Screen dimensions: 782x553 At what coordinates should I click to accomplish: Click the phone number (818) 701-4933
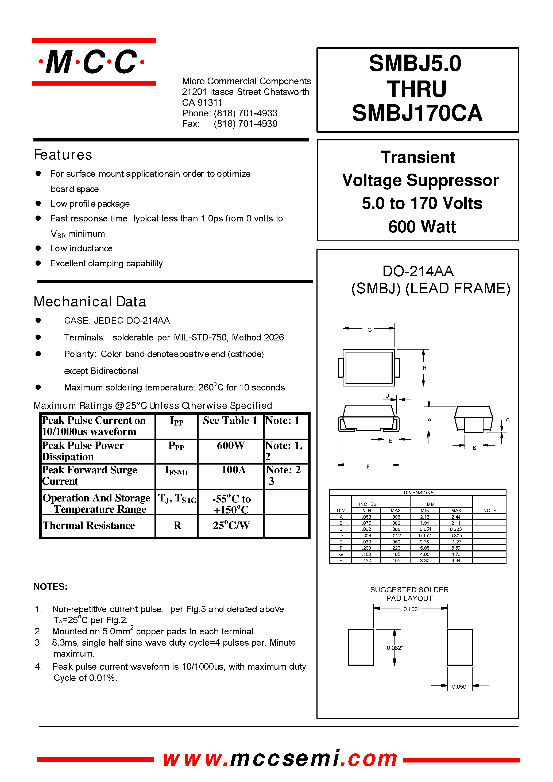pyautogui.click(x=245, y=113)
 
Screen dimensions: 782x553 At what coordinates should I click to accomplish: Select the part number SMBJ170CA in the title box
pyautogui.click(x=417, y=113)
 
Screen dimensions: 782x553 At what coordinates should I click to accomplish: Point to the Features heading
pyautogui.click(x=63, y=155)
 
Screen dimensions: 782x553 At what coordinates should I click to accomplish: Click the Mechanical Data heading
pyautogui.click(x=90, y=302)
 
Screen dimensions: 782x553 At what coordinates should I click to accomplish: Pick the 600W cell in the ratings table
pyautogui.click(x=231, y=446)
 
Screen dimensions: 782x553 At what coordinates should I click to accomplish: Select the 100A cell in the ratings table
pyautogui.click(x=233, y=470)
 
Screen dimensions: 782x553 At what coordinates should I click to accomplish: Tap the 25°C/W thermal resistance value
pyautogui.click(x=231, y=526)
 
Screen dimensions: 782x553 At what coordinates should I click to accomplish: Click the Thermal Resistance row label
pyautogui.click(x=89, y=526)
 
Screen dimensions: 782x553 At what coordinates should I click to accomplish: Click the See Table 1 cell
pyautogui.click(x=230, y=421)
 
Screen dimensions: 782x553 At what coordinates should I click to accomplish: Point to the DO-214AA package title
pyautogui.click(x=418, y=271)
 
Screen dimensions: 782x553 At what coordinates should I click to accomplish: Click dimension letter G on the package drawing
pyautogui.click(x=369, y=330)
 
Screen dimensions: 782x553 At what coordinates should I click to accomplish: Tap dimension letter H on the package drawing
pyautogui.click(x=424, y=368)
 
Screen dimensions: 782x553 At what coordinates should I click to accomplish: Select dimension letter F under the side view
pyautogui.click(x=368, y=466)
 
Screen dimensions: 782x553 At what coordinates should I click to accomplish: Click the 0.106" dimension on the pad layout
pyautogui.click(x=411, y=609)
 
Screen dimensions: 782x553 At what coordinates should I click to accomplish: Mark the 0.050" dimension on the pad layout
pyautogui.click(x=460, y=687)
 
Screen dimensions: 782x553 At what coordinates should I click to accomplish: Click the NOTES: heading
pyautogui.click(x=51, y=586)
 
